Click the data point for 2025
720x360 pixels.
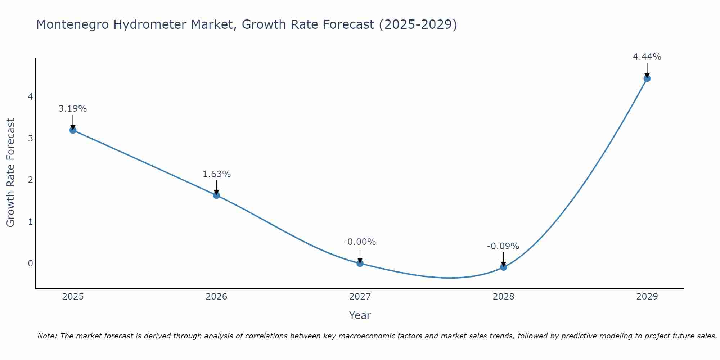pyautogui.click(x=73, y=130)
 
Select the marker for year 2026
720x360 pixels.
pyautogui.click(x=216, y=195)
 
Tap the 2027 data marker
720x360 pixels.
pyautogui.click(x=360, y=263)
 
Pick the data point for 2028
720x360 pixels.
pyautogui.click(x=503, y=267)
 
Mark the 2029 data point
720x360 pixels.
pyautogui.click(x=647, y=78)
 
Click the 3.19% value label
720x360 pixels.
pyautogui.click(x=73, y=109)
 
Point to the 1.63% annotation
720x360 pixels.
pyautogui.click(x=216, y=174)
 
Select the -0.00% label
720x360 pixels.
pyautogui.click(x=360, y=242)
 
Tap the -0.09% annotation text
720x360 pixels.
pyautogui.click(x=503, y=246)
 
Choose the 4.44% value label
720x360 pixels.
pyautogui.click(x=647, y=57)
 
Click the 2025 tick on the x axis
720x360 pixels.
pyautogui.click(x=73, y=297)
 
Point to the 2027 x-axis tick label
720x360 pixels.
pyautogui.click(x=360, y=297)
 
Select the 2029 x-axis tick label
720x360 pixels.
pyautogui.click(x=647, y=297)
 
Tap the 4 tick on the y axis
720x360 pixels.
pyautogui.click(x=30, y=96)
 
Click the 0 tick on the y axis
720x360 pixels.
pyautogui.click(x=30, y=263)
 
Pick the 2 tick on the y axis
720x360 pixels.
pyautogui.click(x=30, y=180)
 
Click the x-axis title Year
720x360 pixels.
pyautogui.click(x=360, y=315)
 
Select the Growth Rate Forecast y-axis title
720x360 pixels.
pyautogui.click(x=11, y=173)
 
